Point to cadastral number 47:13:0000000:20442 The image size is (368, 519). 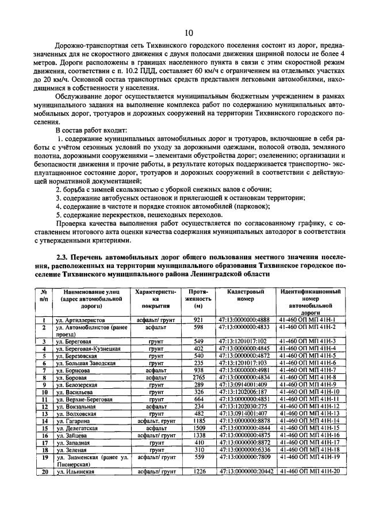coord(244,471)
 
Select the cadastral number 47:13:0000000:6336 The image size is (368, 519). coord(244,450)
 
